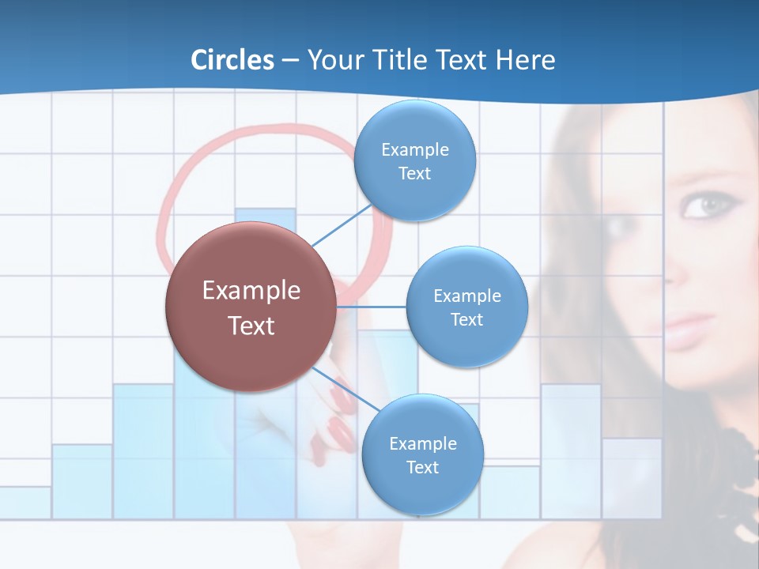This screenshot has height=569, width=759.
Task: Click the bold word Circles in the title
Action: tap(232, 60)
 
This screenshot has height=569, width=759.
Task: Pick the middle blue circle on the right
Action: tap(467, 307)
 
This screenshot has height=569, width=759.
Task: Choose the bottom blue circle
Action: tap(422, 454)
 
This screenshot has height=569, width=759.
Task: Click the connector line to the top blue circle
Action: tap(341, 224)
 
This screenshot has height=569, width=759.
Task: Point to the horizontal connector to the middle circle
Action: tap(371, 307)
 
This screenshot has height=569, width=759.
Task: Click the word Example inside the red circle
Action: tap(251, 291)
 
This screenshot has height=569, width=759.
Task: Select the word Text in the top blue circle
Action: tap(415, 173)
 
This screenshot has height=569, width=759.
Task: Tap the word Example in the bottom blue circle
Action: tap(422, 443)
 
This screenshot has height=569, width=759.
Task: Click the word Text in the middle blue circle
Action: tap(467, 319)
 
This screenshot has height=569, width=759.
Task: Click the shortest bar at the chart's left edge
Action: tap(25, 503)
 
